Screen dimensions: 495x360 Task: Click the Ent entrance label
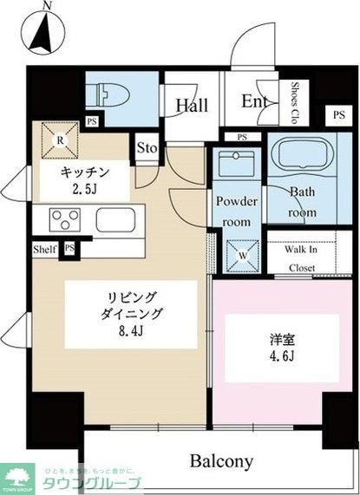(x=254, y=101)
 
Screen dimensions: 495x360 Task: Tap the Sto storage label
(x=147, y=148)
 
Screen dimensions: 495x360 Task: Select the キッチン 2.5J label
(x=84, y=179)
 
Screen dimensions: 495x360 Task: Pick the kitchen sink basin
(x=114, y=218)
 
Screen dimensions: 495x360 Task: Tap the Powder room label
(x=237, y=209)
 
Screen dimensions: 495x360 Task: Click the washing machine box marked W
(x=237, y=255)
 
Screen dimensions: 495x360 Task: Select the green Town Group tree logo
(x=16, y=475)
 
